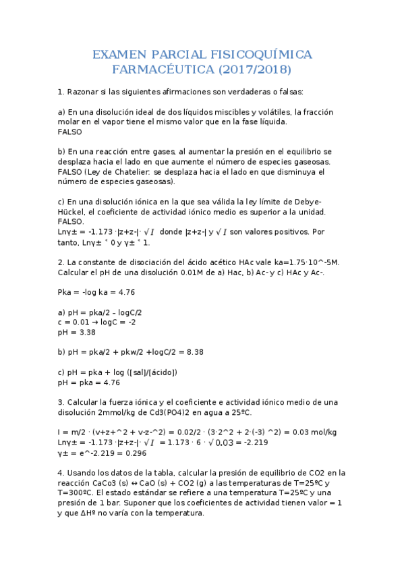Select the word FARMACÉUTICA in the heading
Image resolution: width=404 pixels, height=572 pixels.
(x=160, y=69)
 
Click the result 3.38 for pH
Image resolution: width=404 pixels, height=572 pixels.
(x=86, y=332)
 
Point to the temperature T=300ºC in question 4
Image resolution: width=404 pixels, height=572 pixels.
(x=81, y=493)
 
